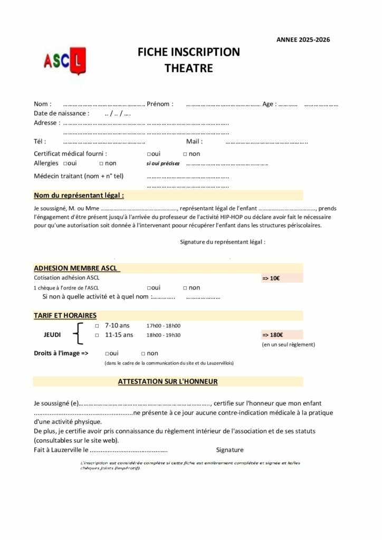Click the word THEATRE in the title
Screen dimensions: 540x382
pyautogui.click(x=188, y=68)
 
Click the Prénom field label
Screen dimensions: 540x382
pyautogui.click(x=160, y=104)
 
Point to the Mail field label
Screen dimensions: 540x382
pyautogui.click(x=194, y=141)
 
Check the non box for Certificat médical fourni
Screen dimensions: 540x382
pyautogui.click(x=185, y=154)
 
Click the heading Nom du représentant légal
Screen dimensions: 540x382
pyautogui.click(x=79, y=195)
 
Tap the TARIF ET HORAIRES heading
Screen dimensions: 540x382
pyautogui.click(x=65, y=315)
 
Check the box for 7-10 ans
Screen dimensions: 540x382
pyautogui.click(x=97, y=325)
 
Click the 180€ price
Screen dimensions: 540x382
pyautogui.click(x=272, y=335)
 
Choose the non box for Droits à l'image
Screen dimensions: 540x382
pyautogui.click(x=144, y=353)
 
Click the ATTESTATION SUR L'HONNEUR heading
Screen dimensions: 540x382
pyautogui.click(x=168, y=380)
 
